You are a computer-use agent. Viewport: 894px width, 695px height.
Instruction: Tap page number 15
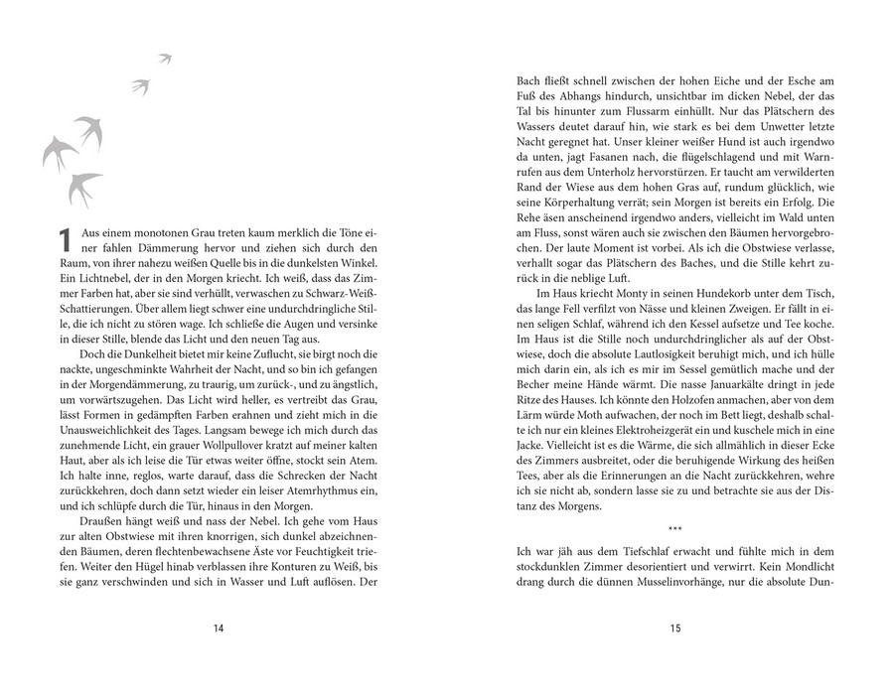click(674, 627)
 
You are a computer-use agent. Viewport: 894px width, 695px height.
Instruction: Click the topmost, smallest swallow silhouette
click(165, 59)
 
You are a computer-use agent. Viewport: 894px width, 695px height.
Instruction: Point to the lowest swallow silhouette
click(85, 186)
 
